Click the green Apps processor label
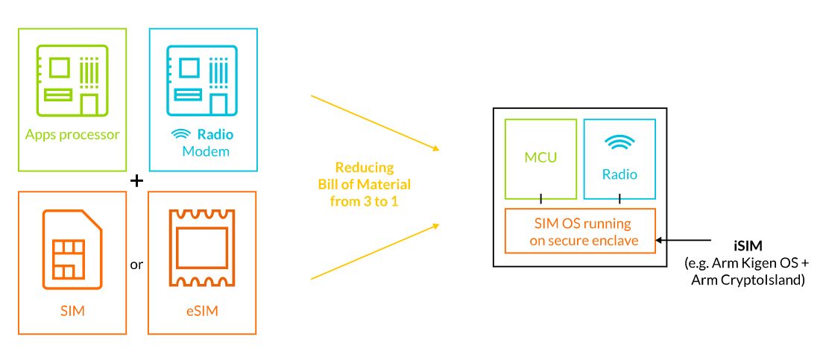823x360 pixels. click(x=72, y=135)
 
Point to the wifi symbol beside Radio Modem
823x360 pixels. click(x=181, y=135)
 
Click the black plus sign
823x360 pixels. click(x=136, y=181)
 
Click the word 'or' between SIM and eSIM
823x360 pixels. click(x=136, y=265)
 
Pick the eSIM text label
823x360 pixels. click(x=201, y=311)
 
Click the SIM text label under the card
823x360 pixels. click(x=72, y=311)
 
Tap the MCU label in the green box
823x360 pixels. click(x=541, y=159)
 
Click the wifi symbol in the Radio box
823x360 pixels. click(x=620, y=144)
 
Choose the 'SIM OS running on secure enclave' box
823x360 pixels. click(x=580, y=231)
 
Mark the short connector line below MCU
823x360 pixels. click(x=541, y=199)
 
